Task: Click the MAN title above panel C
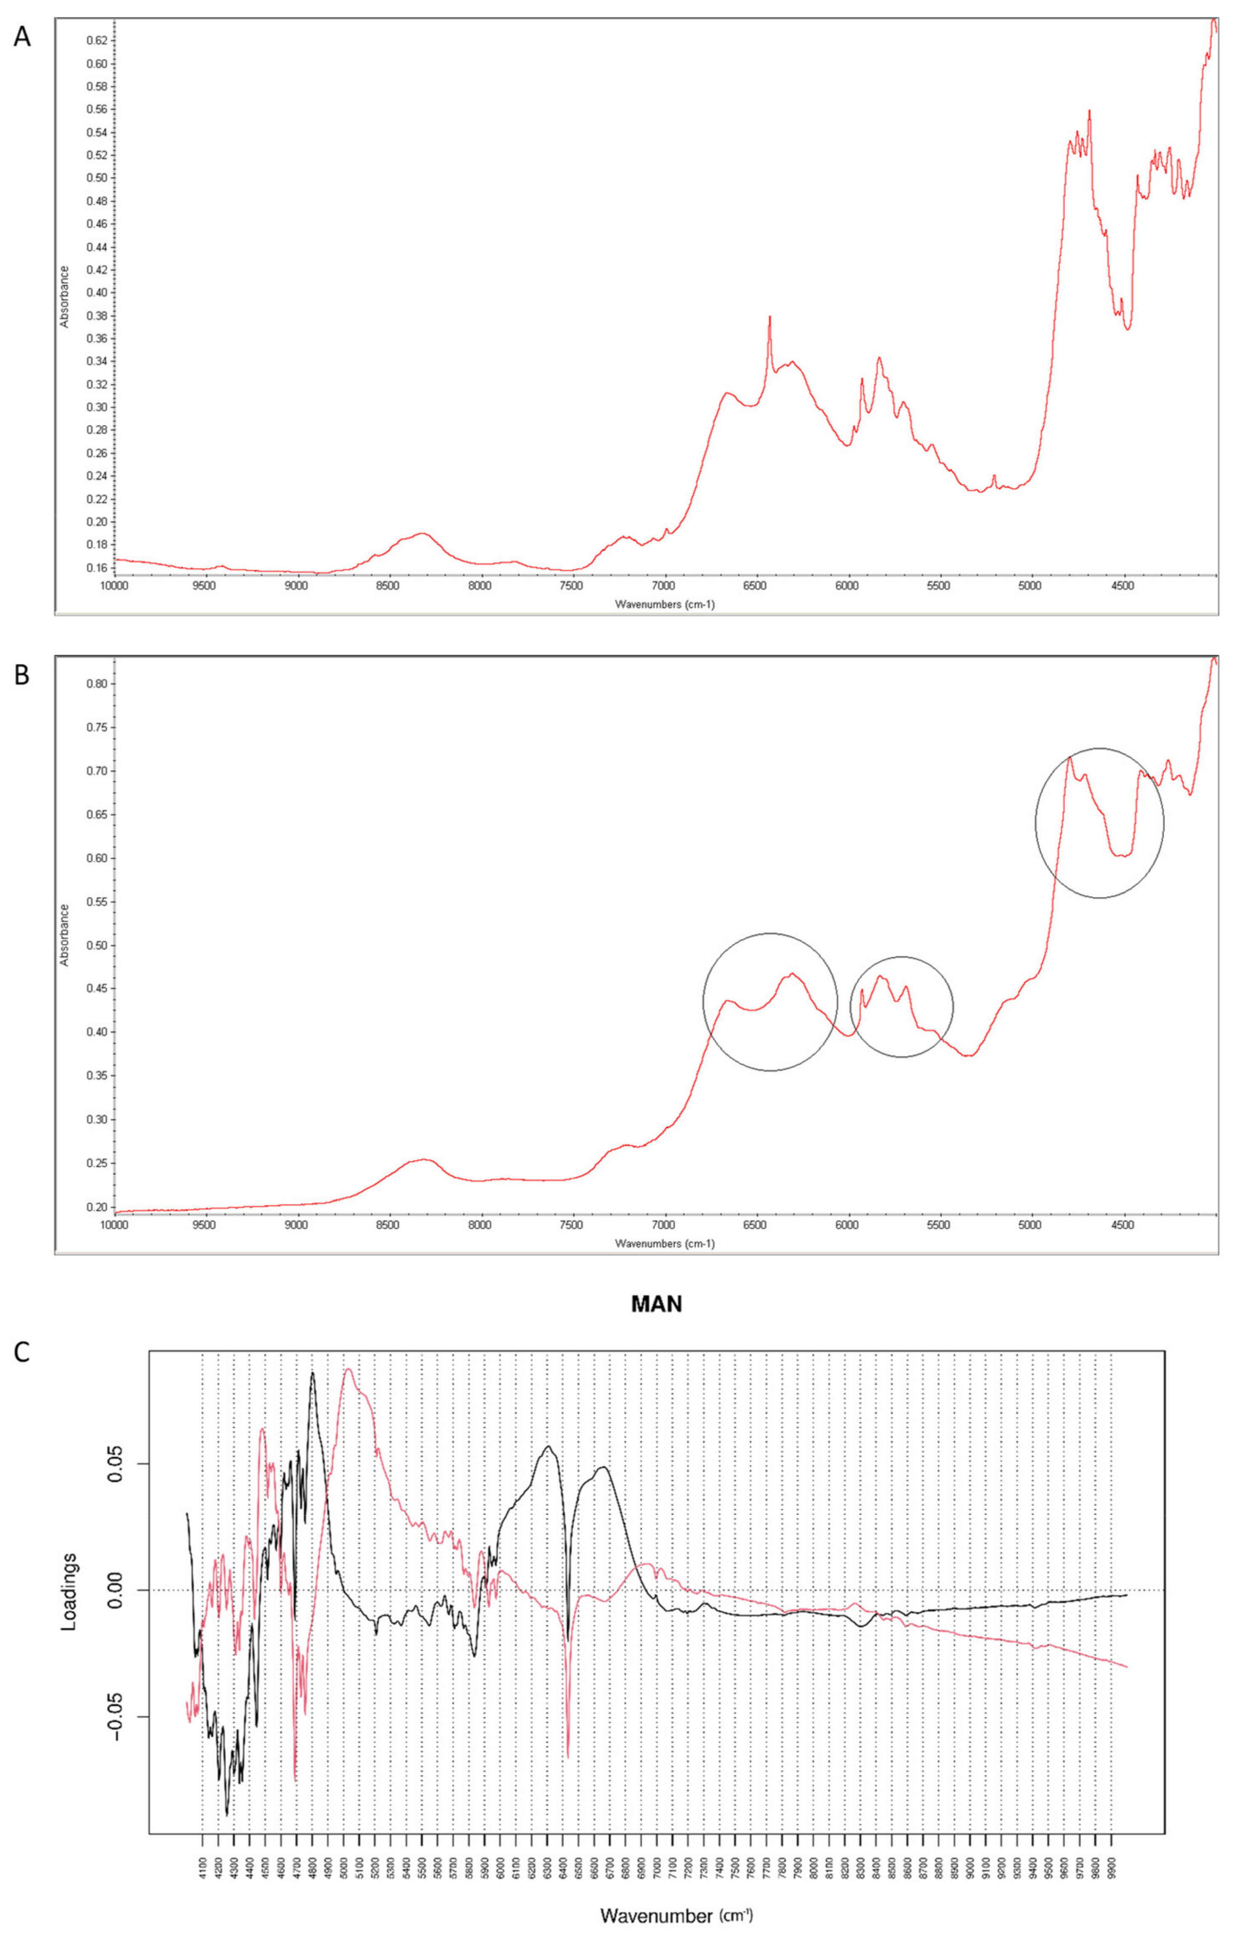click(656, 1304)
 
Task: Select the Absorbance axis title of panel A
click(64, 296)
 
